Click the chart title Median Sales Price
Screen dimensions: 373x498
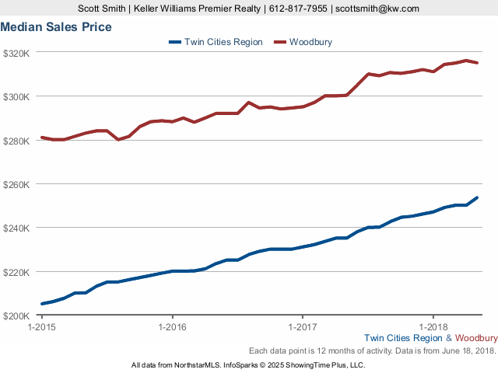pyautogui.click(x=56, y=27)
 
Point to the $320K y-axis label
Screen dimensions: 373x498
pyautogui.click(x=16, y=53)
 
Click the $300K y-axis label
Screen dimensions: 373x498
pyautogui.click(x=16, y=97)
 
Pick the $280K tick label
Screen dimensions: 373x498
pyautogui.click(x=16, y=141)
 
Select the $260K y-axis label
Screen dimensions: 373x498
pyautogui.click(x=16, y=185)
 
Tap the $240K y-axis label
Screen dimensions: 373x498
pyautogui.click(x=16, y=228)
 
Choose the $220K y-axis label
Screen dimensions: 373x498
pyautogui.click(x=16, y=273)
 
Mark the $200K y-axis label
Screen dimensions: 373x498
pyautogui.click(x=16, y=316)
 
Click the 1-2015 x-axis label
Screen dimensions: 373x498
pyautogui.click(x=41, y=327)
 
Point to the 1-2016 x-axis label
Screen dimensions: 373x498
pyautogui.click(x=171, y=327)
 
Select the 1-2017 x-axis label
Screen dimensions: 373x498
pyautogui.click(x=301, y=327)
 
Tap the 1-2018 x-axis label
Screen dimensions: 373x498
pyautogui.click(x=432, y=327)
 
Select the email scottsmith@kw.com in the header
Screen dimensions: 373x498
pyautogui.click(x=377, y=9)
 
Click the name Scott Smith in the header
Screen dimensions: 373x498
pyautogui.click(x=103, y=9)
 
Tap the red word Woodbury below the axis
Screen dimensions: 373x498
pyautogui.click(x=476, y=338)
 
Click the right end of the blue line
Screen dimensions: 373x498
pyautogui.click(x=477, y=197)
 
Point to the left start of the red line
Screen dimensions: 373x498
pyautogui.click(x=42, y=138)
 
